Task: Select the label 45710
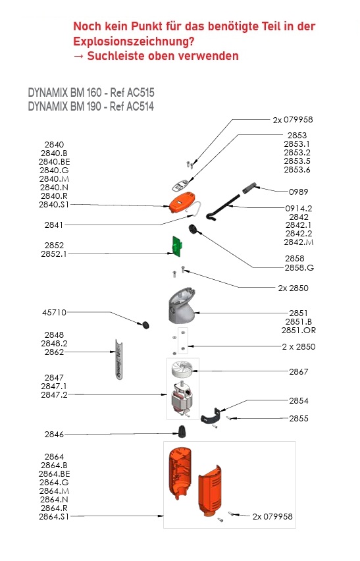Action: click(x=55, y=312)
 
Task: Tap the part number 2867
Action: click(x=299, y=372)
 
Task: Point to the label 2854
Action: click(x=299, y=400)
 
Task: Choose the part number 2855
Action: click(x=299, y=418)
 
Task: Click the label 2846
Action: click(x=55, y=435)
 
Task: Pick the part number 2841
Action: click(x=55, y=225)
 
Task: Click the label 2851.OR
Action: click(x=299, y=331)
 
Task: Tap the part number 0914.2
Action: click(x=299, y=208)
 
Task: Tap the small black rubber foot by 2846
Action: click(x=180, y=431)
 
